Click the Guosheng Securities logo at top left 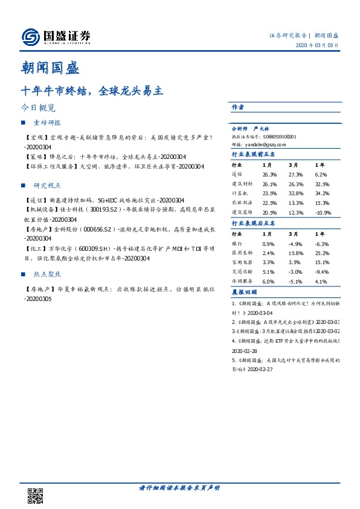pos(56,37)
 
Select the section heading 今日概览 pos(38,108)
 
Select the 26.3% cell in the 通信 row pos(269,174)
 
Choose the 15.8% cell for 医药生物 pos(295,253)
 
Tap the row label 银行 pos(237,244)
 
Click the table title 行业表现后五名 pos(253,223)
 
